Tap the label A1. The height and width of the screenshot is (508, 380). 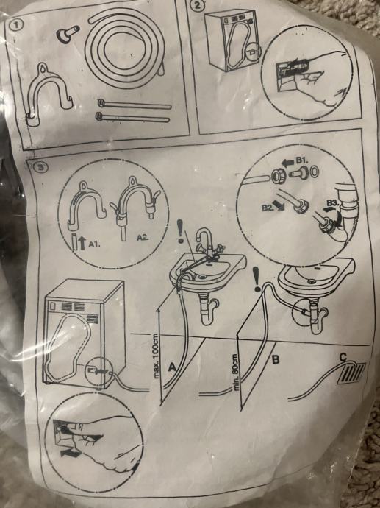[x=94, y=244]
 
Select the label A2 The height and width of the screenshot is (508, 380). [x=143, y=238]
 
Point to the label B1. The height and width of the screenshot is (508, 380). [x=302, y=160]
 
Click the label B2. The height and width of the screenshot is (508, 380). [x=268, y=207]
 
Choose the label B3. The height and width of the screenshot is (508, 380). [x=332, y=203]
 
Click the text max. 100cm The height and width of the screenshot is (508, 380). [x=157, y=356]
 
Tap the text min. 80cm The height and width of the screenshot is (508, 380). [x=235, y=372]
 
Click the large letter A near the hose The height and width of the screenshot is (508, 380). [x=172, y=367]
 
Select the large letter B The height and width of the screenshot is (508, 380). [x=275, y=359]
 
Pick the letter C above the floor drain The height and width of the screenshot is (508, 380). [x=343, y=357]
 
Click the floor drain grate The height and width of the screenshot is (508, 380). [x=351, y=373]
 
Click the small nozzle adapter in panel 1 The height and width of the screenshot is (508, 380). [x=68, y=33]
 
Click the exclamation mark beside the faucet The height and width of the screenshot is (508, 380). [x=181, y=231]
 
